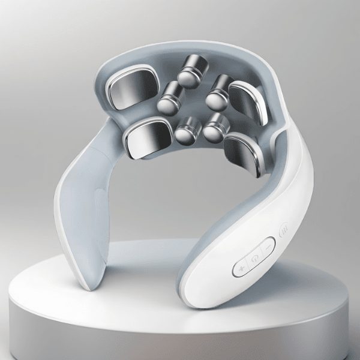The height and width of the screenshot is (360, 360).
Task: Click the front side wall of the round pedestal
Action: [x=180, y=336]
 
